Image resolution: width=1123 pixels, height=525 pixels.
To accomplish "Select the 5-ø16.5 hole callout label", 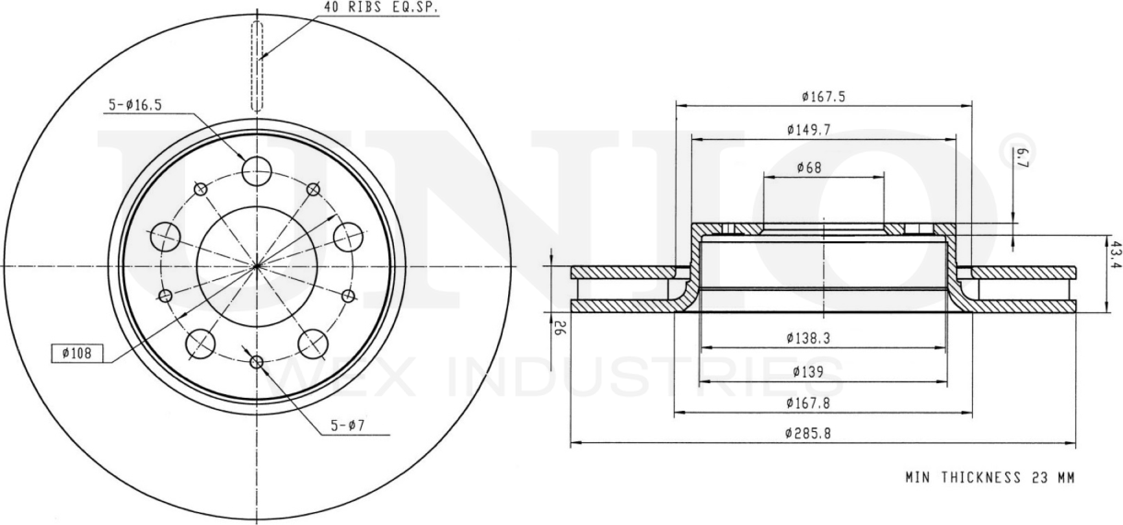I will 133,105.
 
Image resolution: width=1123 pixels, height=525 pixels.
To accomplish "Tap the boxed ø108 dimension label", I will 77,353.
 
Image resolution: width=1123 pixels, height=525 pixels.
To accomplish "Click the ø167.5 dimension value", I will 823,96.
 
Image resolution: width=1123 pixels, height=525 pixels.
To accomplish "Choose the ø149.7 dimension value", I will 809,130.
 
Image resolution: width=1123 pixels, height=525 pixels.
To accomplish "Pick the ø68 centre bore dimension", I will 809,168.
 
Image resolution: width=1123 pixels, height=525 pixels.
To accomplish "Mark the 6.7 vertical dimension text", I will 1023,159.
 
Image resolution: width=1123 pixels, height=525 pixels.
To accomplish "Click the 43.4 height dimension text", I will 1115,254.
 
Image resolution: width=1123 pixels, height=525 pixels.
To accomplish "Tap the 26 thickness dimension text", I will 558,325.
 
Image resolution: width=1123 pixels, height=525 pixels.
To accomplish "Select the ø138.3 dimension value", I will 809,338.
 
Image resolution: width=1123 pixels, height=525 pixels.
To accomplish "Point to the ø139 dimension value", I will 809,371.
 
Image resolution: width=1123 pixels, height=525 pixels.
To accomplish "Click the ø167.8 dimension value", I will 809,402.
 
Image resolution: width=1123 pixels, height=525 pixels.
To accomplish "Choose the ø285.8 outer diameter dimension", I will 809,433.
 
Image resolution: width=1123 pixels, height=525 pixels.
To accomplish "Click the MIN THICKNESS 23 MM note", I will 989,477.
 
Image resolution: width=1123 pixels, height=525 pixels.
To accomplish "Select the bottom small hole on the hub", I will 257,360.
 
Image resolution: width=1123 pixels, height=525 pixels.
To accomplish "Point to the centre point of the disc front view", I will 257,266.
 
